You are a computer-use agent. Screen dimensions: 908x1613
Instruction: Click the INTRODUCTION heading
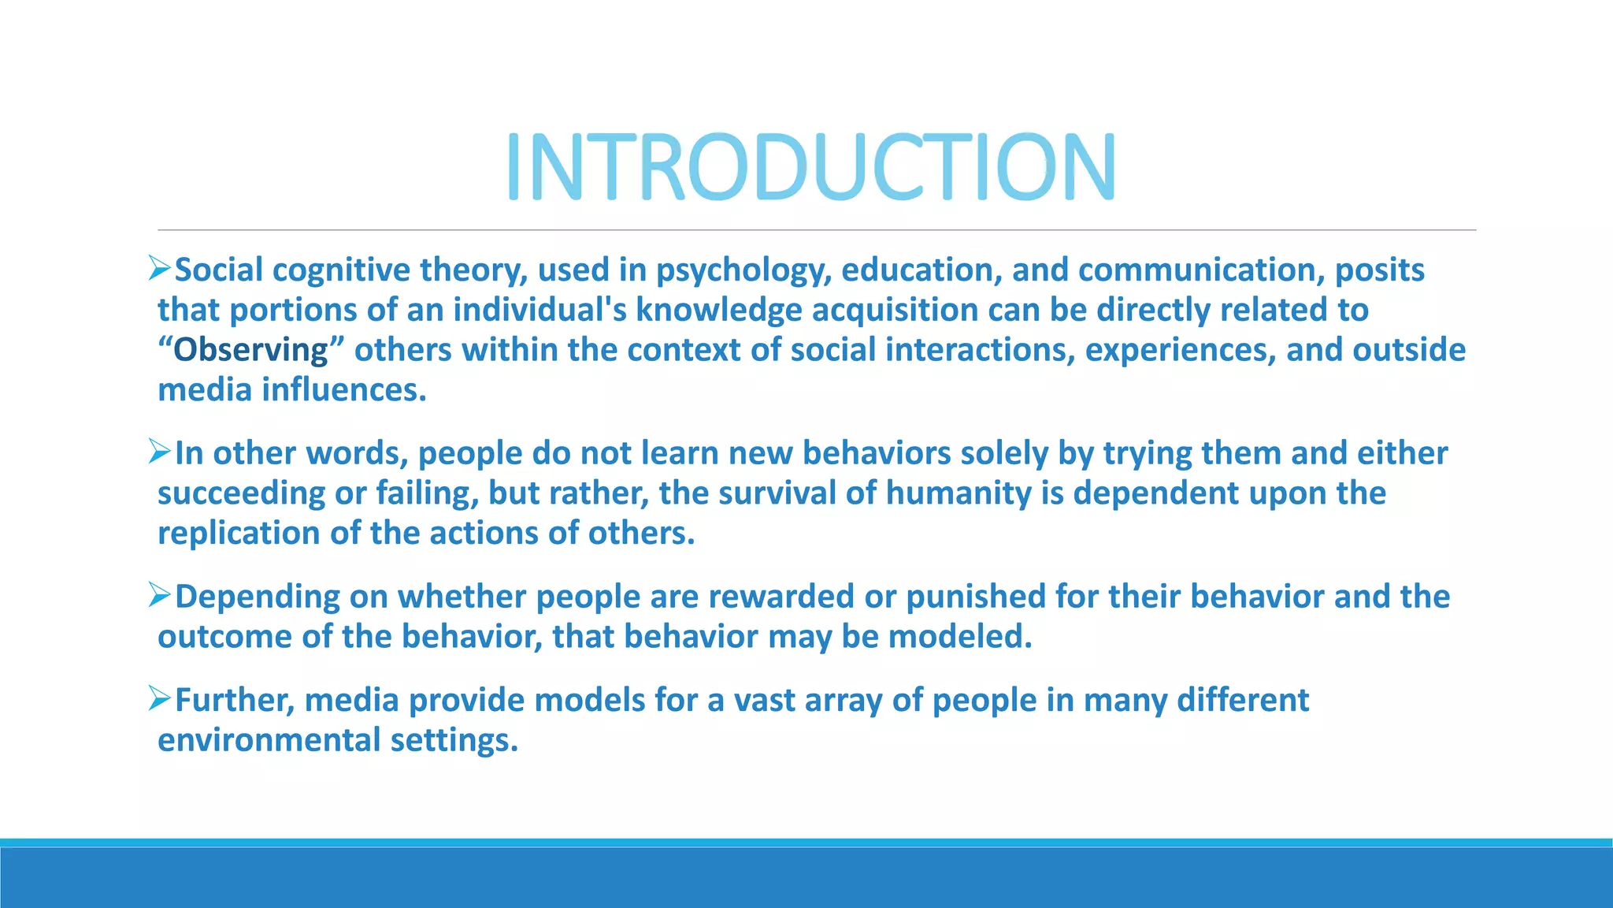click(810, 167)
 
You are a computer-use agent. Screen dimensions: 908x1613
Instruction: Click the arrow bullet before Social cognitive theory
click(160, 269)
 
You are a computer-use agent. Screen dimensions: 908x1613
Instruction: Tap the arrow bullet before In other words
click(160, 452)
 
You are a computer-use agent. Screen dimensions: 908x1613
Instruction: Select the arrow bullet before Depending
click(160, 595)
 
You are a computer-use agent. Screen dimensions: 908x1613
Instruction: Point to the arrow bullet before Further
click(160, 698)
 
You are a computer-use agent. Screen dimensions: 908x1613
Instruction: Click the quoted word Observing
click(250, 350)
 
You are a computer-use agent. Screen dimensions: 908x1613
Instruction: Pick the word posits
click(1379, 270)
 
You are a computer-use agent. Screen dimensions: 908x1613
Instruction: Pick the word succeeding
click(241, 493)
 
